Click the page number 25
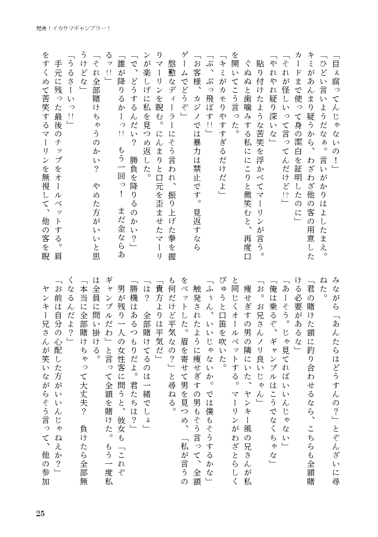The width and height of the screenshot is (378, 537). coord(40,514)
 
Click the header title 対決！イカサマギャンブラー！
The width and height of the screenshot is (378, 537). coord(73,29)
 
